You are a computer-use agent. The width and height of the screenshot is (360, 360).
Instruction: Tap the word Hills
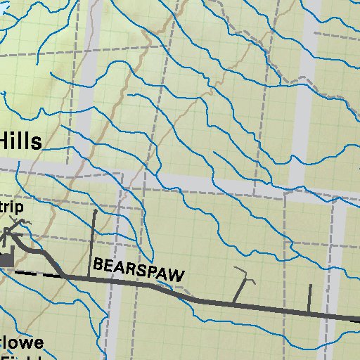tap(21, 141)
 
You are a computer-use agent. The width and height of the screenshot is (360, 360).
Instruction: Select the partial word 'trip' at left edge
tap(11, 209)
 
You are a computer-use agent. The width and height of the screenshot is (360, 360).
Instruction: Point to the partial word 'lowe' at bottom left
tap(22, 343)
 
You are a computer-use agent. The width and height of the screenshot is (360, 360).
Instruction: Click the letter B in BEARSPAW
tap(98, 264)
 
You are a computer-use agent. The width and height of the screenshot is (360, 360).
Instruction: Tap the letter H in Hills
tap(6, 141)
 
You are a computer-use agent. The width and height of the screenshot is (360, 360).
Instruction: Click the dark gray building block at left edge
tap(7, 261)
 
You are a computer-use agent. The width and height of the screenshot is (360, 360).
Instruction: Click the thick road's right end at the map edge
tap(357, 319)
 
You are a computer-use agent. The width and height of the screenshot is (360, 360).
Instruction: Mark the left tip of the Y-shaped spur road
tap(235, 269)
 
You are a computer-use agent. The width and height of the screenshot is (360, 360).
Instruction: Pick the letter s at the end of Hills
tap(37, 143)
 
